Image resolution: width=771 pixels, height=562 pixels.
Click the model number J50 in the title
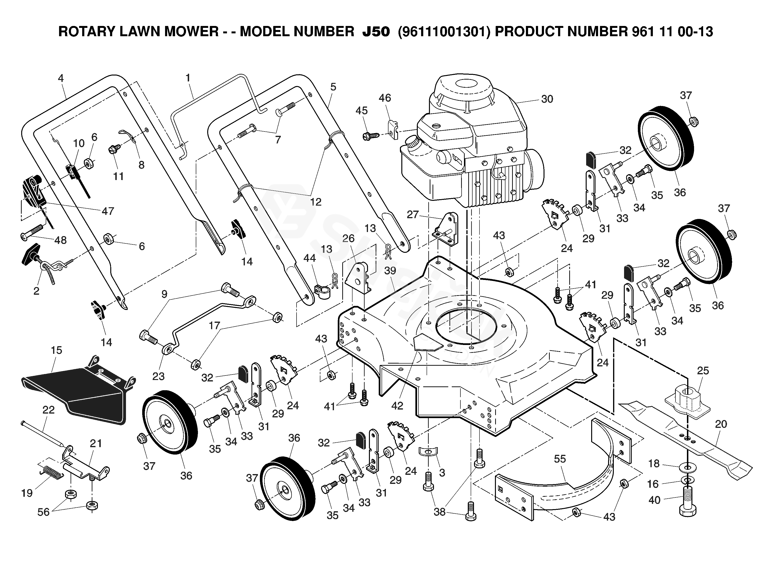(376, 32)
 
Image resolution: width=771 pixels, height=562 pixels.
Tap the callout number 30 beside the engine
(547, 99)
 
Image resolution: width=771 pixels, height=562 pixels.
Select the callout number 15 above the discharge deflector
(56, 350)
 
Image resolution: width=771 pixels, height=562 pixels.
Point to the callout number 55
(560, 459)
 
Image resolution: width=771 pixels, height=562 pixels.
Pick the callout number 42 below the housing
(397, 405)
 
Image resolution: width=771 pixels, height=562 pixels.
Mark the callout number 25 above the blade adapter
(703, 370)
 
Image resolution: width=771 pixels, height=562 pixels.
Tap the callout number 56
(44, 512)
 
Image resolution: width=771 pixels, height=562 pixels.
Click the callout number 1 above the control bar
(188, 78)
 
